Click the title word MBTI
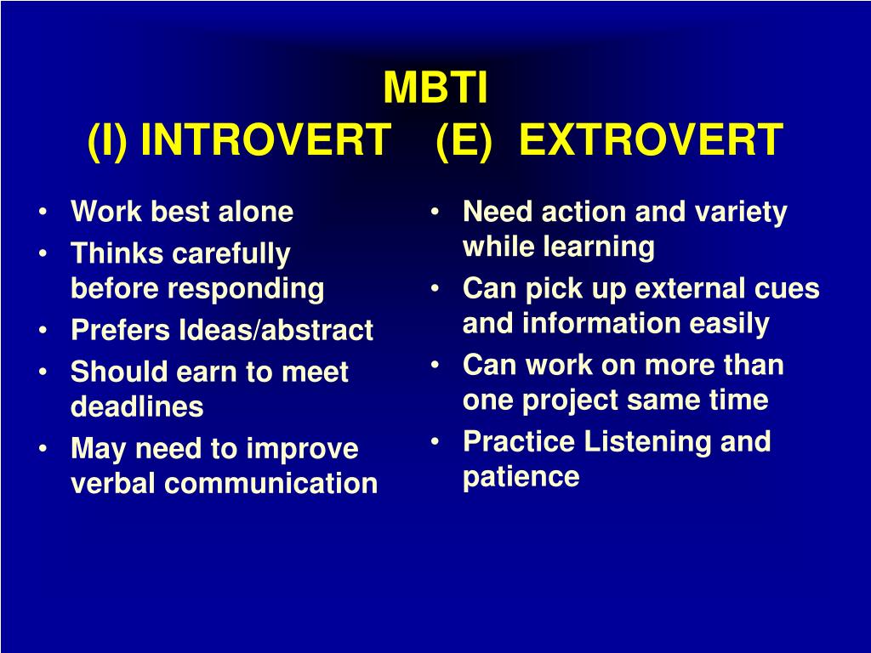[435, 88]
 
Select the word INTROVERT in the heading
[266, 139]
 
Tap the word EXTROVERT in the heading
[651, 139]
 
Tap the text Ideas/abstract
[276, 330]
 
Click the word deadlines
[137, 406]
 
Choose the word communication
[271, 483]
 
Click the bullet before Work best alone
[43, 212]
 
